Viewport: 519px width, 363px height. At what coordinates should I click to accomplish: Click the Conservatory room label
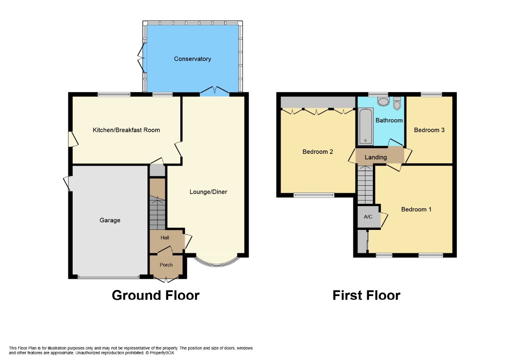(192, 59)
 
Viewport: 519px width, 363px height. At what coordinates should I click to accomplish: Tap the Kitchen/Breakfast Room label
(126, 130)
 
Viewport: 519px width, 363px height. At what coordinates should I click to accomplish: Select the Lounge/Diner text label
(208, 192)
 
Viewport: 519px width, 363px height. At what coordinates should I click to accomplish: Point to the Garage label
(110, 220)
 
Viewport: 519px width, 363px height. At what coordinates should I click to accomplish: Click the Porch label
(166, 265)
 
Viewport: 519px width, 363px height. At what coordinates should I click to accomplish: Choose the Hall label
(165, 238)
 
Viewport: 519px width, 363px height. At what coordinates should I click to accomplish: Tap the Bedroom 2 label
(317, 152)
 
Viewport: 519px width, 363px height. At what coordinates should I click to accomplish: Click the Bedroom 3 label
(429, 130)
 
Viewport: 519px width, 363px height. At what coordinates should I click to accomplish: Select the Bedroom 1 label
(416, 210)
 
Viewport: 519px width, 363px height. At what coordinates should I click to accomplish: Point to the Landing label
(375, 157)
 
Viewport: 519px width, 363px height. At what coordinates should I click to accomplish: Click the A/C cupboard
(368, 217)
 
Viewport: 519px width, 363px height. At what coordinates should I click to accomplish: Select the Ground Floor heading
(155, 295)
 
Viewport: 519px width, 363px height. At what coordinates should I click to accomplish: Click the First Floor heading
(366, 295)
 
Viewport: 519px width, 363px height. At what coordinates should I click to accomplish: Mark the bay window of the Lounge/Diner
(216, 262)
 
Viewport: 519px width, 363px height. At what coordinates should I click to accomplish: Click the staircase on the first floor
(365, 186)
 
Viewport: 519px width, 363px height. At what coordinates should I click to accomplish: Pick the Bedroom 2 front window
(314, 195)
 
